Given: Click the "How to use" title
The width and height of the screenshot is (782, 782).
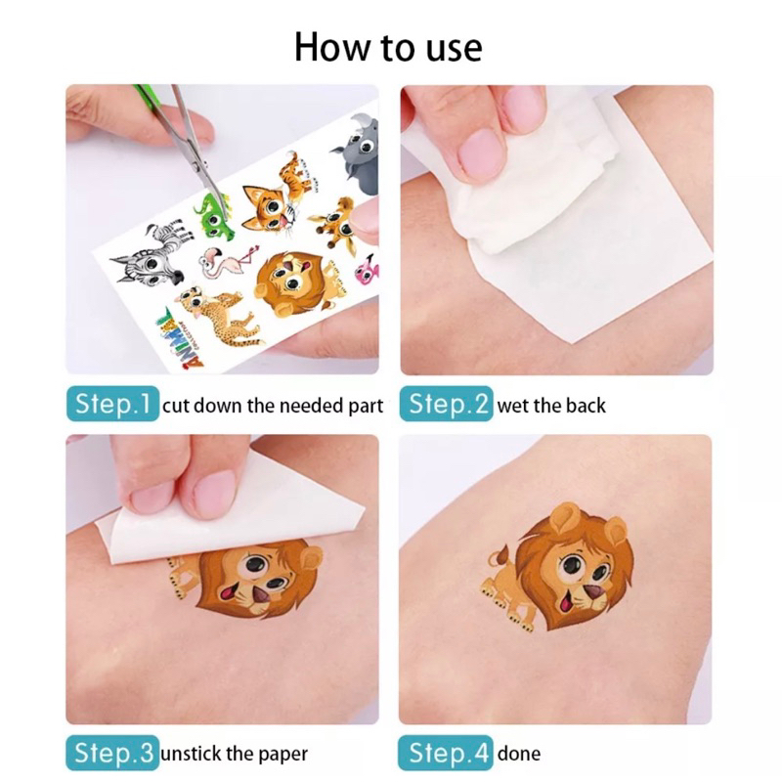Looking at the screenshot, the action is point(388,47).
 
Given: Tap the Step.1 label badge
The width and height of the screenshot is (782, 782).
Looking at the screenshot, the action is point(112,404).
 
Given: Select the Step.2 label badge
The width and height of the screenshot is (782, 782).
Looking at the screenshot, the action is point(447,404).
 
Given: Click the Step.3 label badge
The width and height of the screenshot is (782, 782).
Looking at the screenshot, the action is point(112,753).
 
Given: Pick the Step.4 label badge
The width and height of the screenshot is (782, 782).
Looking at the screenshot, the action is point(446,753).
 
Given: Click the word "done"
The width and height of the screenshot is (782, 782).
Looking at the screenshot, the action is point(519,753).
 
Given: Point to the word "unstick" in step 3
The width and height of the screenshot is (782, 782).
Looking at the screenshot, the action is point(192,753).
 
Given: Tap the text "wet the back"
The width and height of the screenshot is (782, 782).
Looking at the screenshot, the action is point(551,406).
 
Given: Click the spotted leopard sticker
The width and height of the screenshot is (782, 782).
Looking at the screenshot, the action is point(219,314).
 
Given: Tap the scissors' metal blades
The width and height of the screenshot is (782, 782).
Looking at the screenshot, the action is point(197,150).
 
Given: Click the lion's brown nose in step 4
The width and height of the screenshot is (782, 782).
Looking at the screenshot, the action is point(593,592).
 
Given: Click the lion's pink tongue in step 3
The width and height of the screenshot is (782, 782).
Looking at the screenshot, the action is point(230,593).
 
